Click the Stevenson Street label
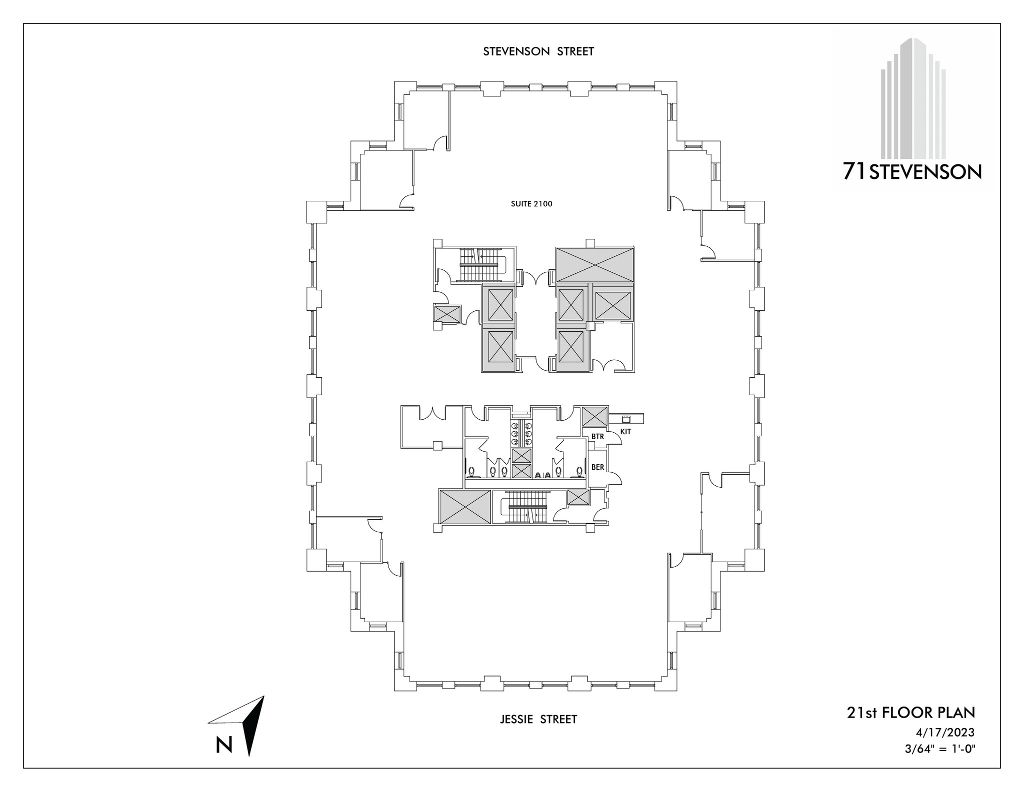point(538,51)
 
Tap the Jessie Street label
point(538,719)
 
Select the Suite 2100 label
point(531,204)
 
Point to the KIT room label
point(625,432)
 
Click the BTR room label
point(597,437)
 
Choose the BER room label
point(597,468)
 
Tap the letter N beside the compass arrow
point(224,745)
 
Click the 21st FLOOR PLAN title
point(910,712)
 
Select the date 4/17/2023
point(945,733)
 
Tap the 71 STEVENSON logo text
point(912,172)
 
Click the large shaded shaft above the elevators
point(594,264)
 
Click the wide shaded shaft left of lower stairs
point(464,506)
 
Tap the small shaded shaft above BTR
point(594,416)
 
